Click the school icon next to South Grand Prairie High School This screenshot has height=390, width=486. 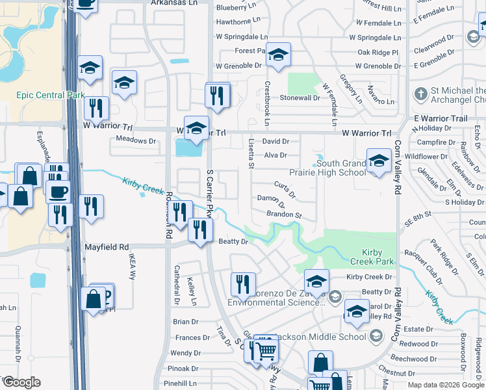(x=378, y=162)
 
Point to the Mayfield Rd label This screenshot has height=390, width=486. (x=107, y=247)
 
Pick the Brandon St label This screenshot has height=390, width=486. (x=285, y=214)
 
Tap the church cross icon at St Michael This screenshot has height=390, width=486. (x=420, y=95)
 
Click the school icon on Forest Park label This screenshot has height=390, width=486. (x=278, y=57)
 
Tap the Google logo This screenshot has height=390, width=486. (x=21, y=382)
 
